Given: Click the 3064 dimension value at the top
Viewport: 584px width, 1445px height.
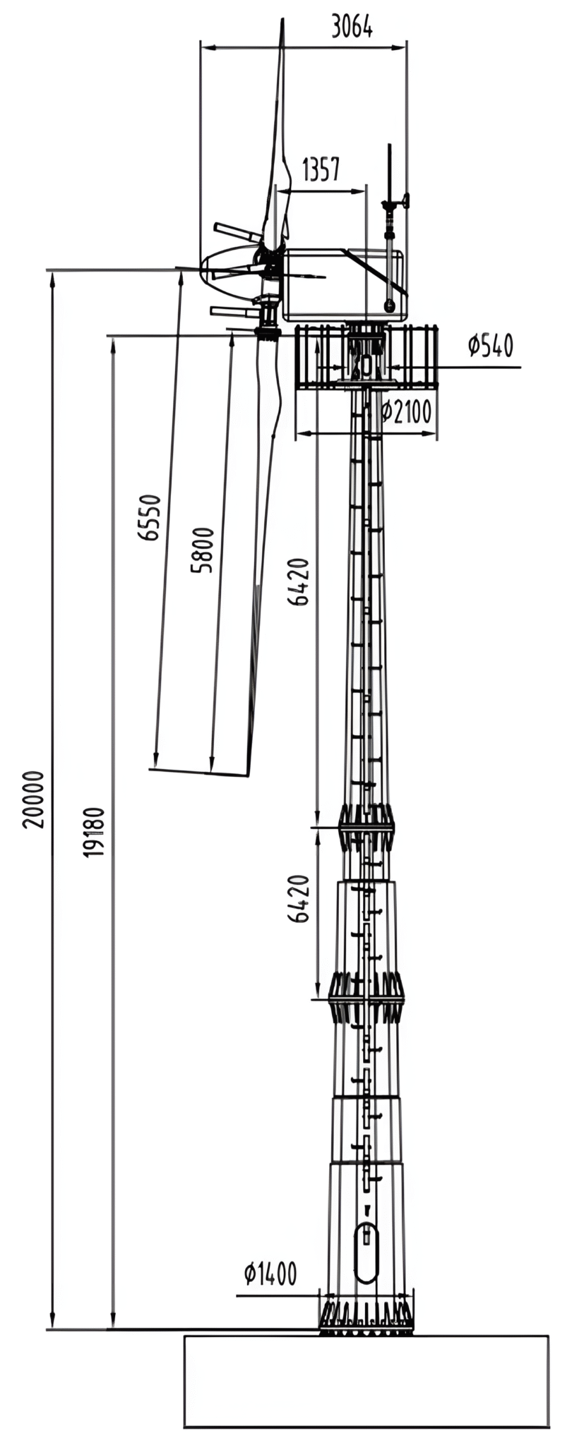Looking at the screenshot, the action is click(x=352, y=26).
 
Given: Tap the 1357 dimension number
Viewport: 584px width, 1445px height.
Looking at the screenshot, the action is click(x=321, y=170).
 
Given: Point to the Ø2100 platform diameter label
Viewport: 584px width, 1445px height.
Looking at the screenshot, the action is click(x=406, y=411).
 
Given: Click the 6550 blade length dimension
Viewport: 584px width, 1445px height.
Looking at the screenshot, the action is click(x=150, y=517).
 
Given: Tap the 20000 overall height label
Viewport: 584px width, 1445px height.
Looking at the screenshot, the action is click(x=33, y=799).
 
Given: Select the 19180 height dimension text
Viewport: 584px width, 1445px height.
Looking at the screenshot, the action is click(x=94, y=832).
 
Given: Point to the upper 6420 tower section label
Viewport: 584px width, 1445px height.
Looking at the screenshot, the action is click(x=299, y=582).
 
